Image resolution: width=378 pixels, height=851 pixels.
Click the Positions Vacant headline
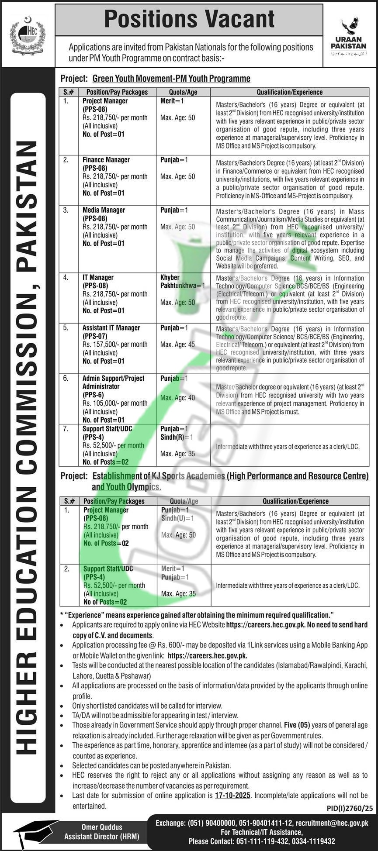189,20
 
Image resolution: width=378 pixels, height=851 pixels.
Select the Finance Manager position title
106,160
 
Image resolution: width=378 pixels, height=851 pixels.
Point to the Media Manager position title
104,210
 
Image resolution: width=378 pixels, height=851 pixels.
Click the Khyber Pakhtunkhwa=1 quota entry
182,282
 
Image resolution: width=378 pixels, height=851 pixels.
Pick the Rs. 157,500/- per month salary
115,345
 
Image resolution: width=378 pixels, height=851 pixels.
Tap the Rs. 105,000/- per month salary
115,403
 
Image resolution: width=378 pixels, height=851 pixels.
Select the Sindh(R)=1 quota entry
177,437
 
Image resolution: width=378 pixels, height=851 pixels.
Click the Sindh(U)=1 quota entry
177,518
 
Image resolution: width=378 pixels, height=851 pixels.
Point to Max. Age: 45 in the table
177,345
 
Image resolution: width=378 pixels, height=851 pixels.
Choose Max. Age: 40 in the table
177,398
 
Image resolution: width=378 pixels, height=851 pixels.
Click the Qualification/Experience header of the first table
289,92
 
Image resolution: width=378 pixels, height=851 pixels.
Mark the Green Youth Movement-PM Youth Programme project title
171,79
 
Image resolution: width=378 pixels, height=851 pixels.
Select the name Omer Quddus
102,815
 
